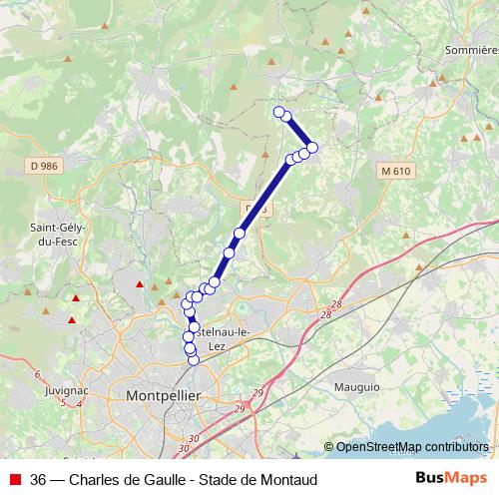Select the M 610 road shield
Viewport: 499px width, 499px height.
(x=395, y=171)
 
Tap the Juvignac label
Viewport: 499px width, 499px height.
(x=67, y=391)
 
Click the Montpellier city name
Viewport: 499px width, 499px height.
(x=163, y=396)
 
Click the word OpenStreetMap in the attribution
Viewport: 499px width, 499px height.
(x=377, y=447)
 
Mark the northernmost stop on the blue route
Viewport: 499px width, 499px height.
(x=279, y=111)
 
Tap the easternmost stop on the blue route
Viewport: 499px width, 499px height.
(x=311, y=148)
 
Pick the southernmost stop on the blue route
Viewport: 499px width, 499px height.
(x=194, y=359)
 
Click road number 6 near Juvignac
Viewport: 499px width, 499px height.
(x=37, y=375)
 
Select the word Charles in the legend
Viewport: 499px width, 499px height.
(x=97, y=480)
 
